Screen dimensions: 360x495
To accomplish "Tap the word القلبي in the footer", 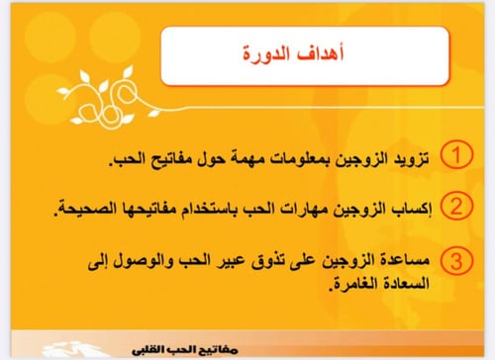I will click(x=158, y=347).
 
